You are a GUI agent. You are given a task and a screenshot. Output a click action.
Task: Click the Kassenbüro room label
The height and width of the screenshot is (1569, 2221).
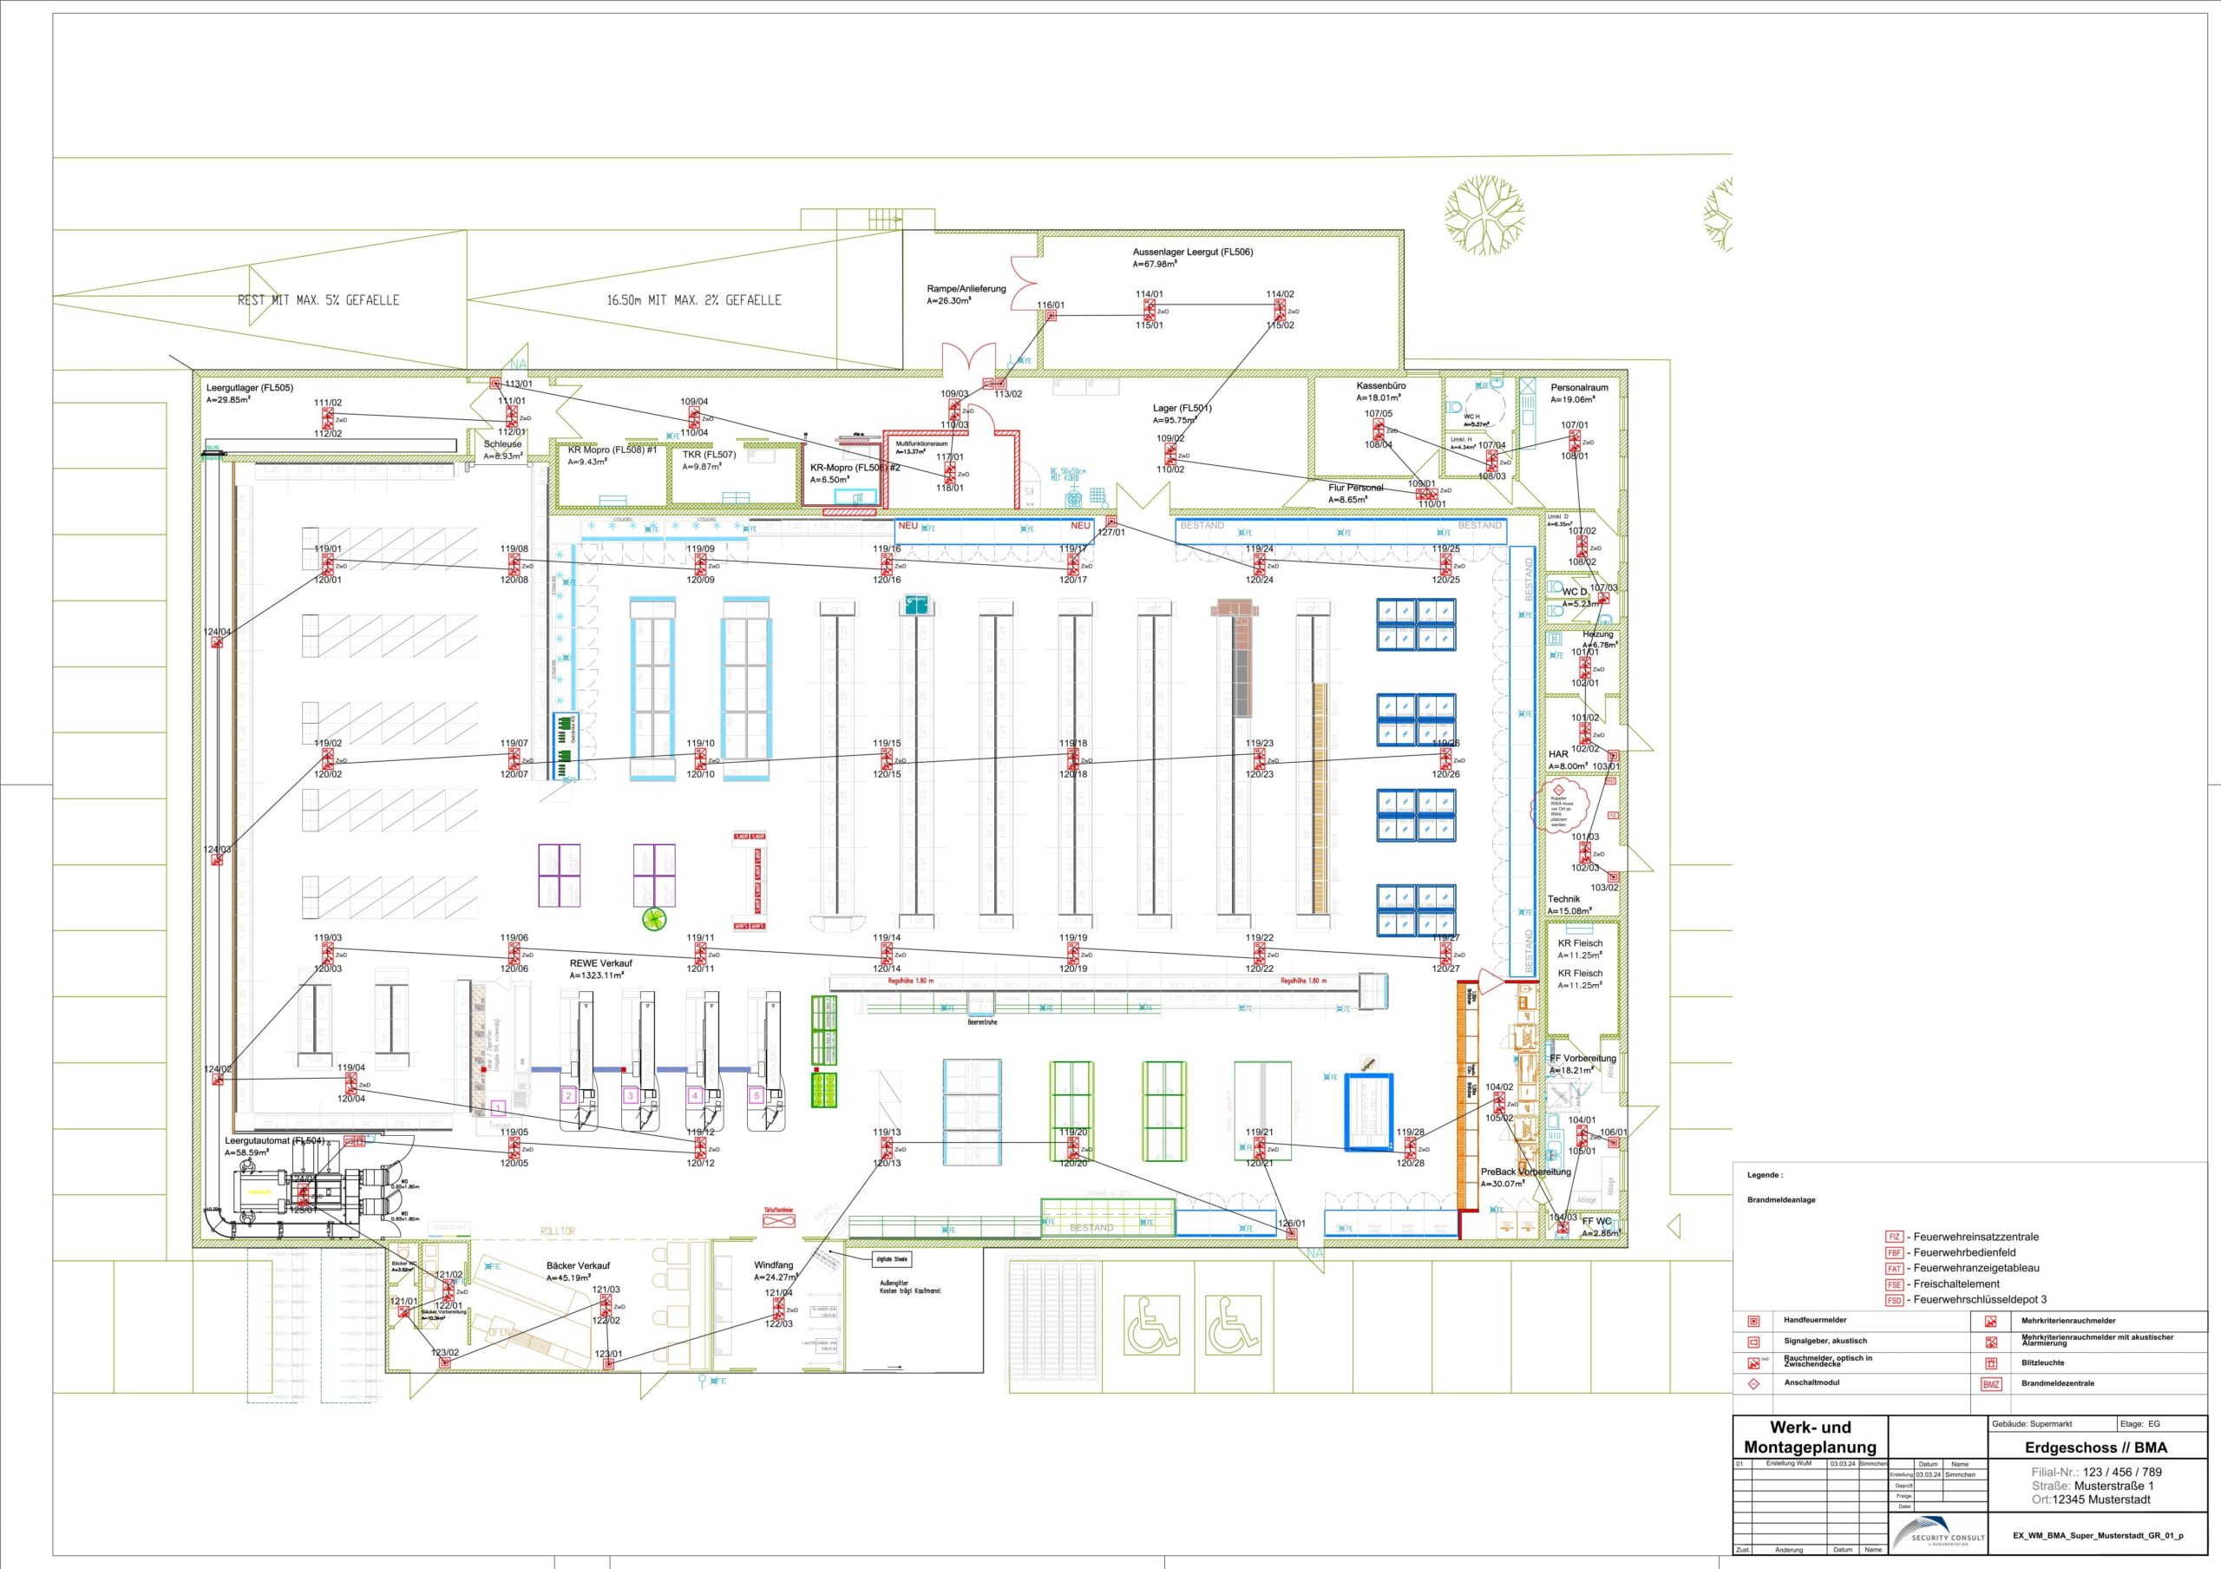[x=1380, y=385]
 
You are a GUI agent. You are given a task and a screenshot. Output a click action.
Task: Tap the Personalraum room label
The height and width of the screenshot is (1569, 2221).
[x=1579, y=387]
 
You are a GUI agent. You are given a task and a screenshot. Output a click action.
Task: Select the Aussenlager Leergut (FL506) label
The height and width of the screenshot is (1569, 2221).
[x=1193, y=252]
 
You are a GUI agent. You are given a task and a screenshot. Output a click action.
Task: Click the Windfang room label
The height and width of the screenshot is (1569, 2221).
[x=773, y=1264]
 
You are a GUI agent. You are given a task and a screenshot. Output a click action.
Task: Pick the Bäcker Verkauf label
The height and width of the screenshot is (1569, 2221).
[x=578, y=1265]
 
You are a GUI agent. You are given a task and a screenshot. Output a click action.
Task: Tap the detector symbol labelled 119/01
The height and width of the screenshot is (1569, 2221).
[x=327, y=564]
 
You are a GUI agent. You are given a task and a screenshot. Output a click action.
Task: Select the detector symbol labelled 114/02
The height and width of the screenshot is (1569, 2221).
[x=1279, y=310]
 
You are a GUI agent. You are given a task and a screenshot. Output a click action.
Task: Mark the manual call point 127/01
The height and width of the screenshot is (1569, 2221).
[x=1110, y=522]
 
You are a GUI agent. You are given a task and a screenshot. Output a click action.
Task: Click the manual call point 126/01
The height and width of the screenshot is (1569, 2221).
[x=1290, y=1234]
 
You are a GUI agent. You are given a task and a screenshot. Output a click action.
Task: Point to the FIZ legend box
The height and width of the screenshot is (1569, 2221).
[x=1894, y=1237]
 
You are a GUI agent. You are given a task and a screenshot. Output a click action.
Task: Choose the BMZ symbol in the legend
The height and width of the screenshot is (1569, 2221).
[x=1991, y=1384]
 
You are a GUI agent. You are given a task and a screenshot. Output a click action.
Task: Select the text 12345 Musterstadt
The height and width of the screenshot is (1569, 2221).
[x=2101, y=1500]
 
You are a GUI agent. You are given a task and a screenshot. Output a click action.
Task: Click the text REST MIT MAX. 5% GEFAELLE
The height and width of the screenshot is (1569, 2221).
[x=318, y=300]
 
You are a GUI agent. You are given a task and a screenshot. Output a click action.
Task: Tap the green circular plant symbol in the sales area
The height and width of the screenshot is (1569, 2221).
[x=657, y=918]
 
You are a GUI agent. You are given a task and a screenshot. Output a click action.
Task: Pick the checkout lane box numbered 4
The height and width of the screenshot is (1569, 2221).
[x=693, y=1096]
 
